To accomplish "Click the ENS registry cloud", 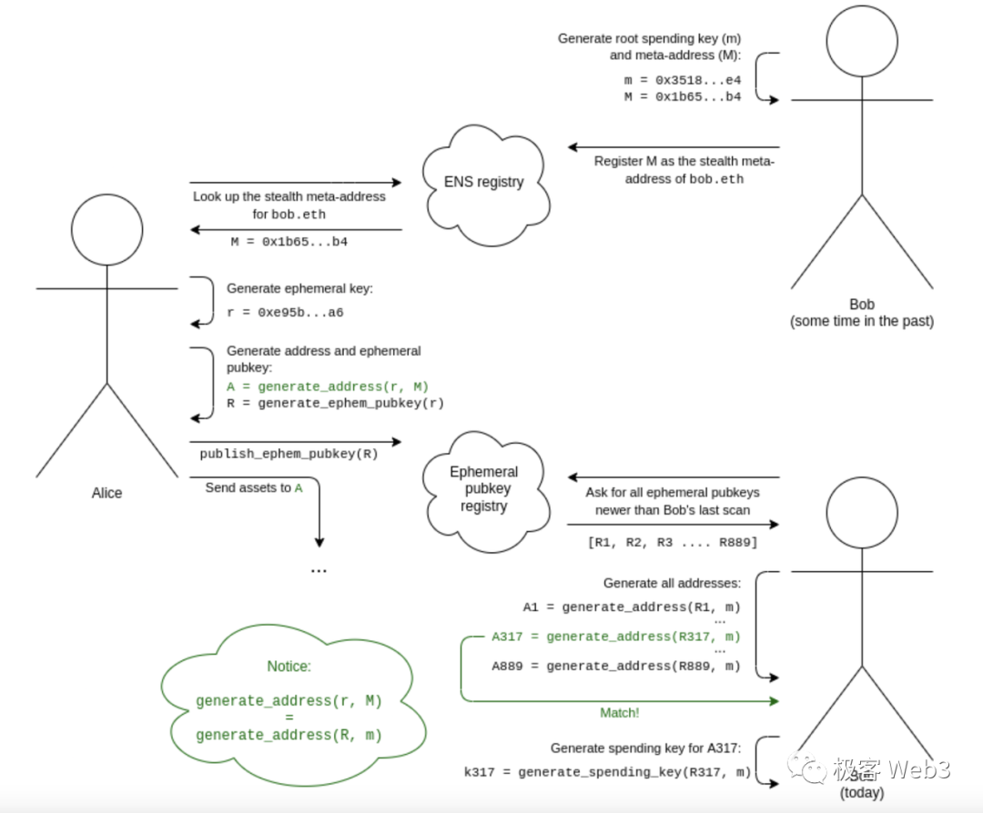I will click(483, 181).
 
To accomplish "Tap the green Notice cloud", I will click(289, 700).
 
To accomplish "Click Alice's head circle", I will click(107, 229).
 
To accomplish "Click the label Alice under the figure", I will click(106, 493).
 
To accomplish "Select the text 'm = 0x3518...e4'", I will click(682, 80).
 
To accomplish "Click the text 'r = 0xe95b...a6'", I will click(285, 312).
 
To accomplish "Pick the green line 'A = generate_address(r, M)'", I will click(328, 386).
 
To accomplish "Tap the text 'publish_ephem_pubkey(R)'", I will click(289, 452).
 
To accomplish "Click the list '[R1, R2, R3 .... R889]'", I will click(673, 543).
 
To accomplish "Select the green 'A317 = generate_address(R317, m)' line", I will click(615, 637).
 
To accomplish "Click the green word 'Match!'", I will click(619, 713).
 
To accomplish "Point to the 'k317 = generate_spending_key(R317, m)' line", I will click(607, 772).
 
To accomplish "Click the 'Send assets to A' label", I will click(254, 487).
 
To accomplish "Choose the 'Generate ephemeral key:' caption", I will click(299, 288).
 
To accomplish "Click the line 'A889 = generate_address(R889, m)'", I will click(616, 666).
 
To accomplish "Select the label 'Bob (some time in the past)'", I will click(861, 313).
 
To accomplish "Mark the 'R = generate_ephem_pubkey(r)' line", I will click(335, 403).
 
